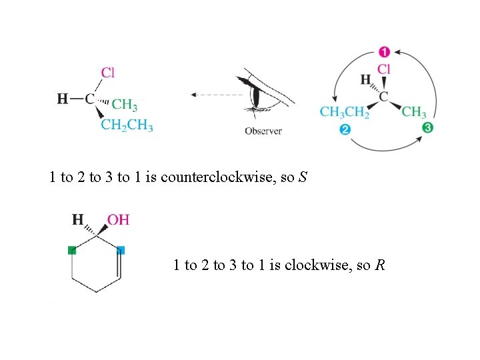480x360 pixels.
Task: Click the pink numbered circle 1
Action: tap(385, 51)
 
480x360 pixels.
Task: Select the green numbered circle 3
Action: tap(427, 127)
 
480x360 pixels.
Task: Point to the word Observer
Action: tap(263, 131)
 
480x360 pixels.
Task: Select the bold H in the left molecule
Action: tap(62, 99)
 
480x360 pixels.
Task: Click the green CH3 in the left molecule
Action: tap(125, 105)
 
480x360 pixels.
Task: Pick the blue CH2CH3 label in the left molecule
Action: tap(127, 125)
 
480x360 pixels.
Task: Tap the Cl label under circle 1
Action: tap(384, 69)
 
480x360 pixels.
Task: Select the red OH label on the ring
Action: tap(118, 219)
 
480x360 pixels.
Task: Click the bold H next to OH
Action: tap(78, 219)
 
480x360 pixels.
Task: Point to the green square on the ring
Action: tap(72, 251)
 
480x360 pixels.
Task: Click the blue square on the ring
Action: tap(121, 251)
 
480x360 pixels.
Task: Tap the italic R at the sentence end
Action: tap(379, 265)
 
